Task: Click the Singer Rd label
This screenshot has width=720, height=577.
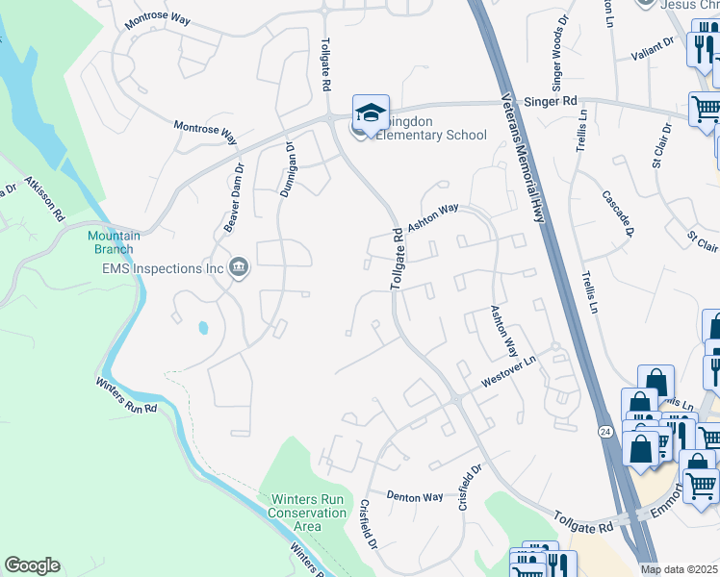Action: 549,100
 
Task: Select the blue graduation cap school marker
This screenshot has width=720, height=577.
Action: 371,113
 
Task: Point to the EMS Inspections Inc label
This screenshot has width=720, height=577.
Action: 168,268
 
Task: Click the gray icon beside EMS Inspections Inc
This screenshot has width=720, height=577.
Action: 239,268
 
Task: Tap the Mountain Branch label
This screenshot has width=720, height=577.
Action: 114,242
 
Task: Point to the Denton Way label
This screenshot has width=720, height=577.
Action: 414,497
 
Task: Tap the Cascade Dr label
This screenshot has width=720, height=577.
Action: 618,213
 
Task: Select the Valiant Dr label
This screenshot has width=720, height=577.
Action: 655,45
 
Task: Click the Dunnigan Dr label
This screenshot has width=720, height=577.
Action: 287,169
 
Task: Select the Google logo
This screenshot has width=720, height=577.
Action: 32,565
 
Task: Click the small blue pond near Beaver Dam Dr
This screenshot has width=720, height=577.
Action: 203,328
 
